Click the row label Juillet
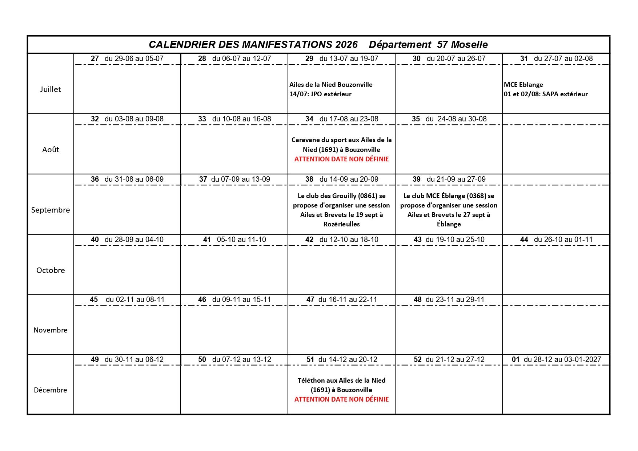click(x=51, y=89)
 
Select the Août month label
click(x=51, y=150)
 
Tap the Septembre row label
click(x=51, y=210)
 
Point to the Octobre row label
click(x=51, y=270)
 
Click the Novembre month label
click(x=51, y=330)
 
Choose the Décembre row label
click(x=51, y=390)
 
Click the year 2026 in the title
click(x=346, y=45)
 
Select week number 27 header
click(x=95, y=59)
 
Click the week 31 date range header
click(x=563, y=59)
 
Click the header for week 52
click(x=449, y=359)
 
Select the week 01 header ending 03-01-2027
click(x=556, y=359)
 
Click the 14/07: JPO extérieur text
click(x=320, y=94)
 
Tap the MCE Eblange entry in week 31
click(x=523, y=85)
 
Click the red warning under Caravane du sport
click(x=341, y=159)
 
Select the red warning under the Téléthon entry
click(x=341, y=399)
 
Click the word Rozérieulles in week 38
click(x=341, y=224)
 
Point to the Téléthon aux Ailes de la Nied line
click(x=341, y=380)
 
